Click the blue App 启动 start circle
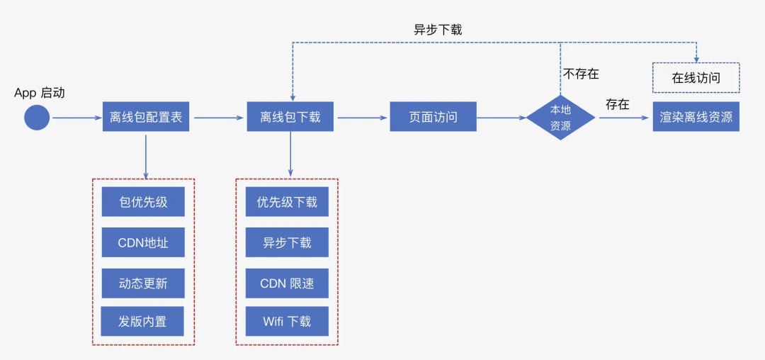(37, 117)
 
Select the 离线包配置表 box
(146, 117)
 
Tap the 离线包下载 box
(290, 117)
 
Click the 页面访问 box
(433, 117)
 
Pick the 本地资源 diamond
(560, 118)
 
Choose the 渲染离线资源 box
(696, 117)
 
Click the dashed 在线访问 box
(696, 78)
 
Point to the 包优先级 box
(143, 202)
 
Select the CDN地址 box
(143, 242)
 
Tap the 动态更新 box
(143, 283)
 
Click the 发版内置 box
(143, 322)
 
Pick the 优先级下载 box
(287, 202)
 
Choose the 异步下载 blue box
(287, 242)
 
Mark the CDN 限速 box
(287, 283)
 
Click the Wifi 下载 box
(287, 322)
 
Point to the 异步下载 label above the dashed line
(438, 30)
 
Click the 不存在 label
(582, 74)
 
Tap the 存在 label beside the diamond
(617, 104)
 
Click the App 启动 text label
(40, 93)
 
